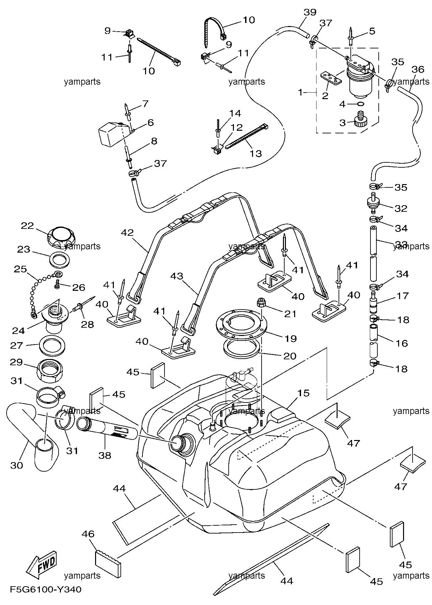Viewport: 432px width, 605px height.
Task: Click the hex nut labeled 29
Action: point(51,371)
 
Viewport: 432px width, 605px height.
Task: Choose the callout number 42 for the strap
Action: point(127,233)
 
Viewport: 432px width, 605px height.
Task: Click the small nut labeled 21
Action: point(261,302)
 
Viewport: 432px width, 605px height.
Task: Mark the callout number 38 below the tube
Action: point(105,455)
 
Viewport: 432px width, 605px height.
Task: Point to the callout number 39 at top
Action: point(310,13)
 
